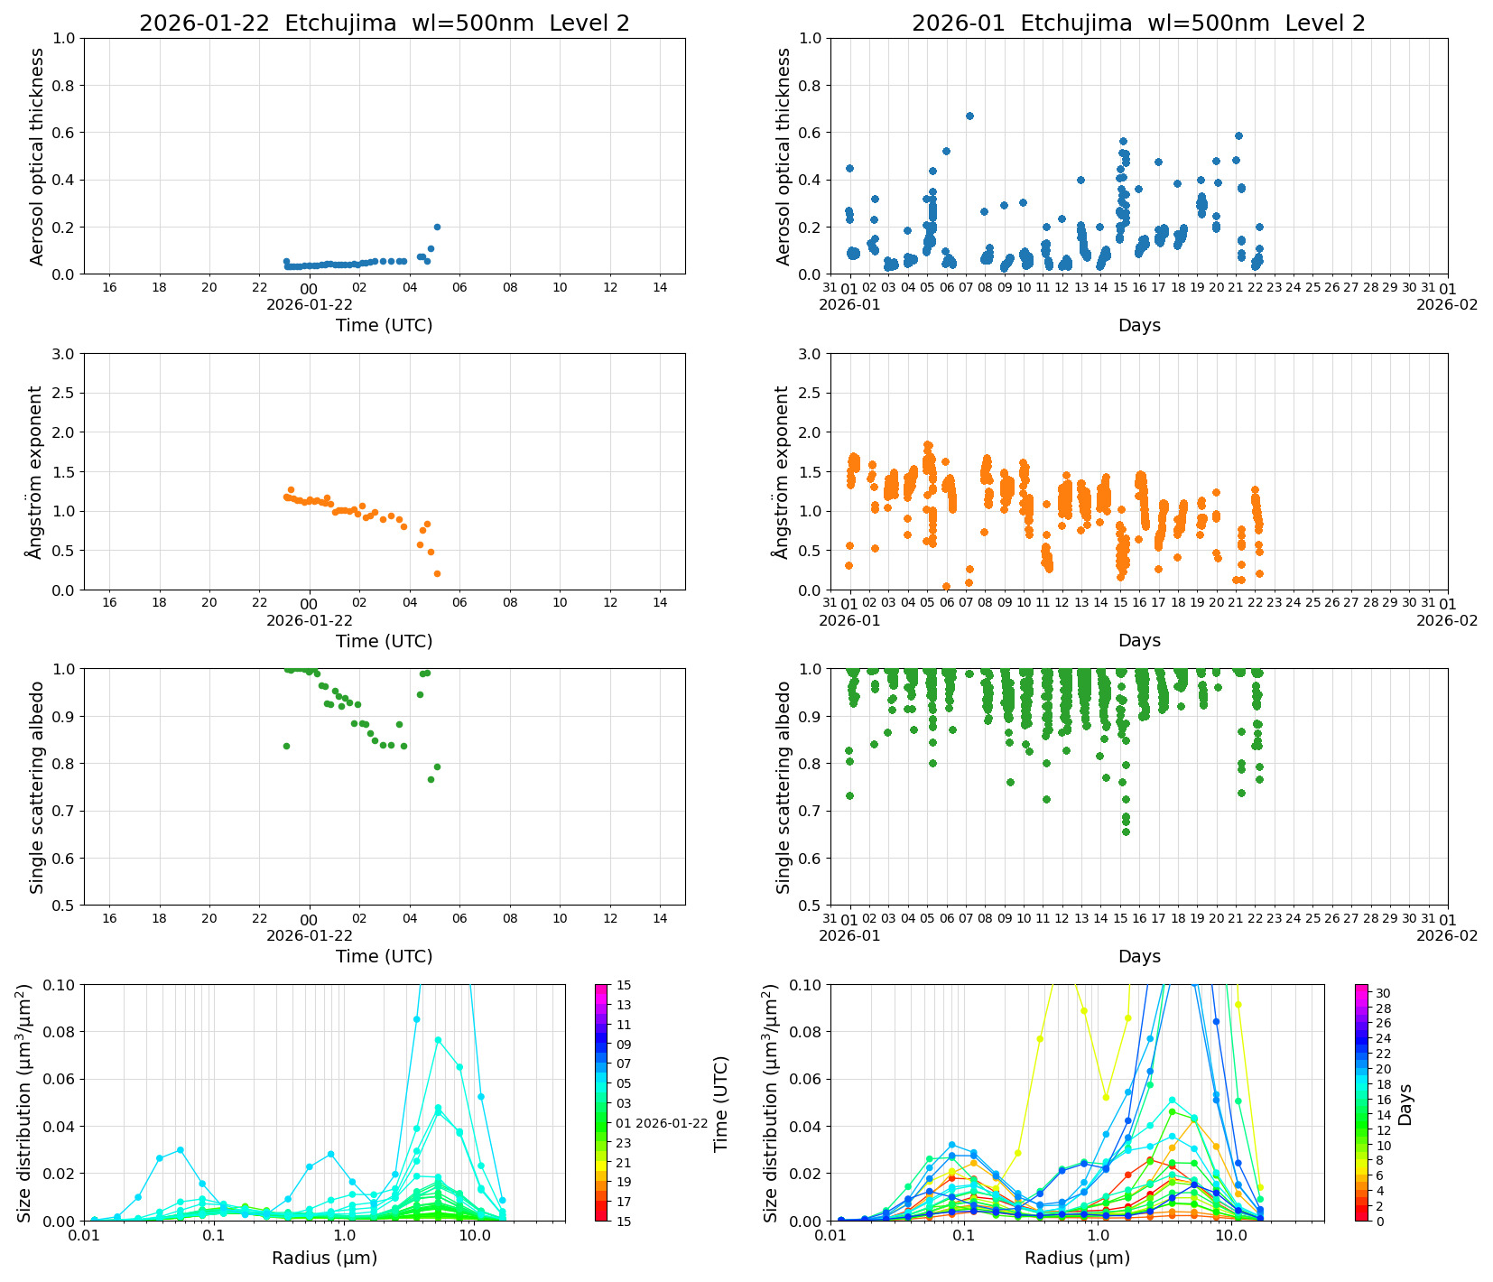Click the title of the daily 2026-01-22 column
point(384,23)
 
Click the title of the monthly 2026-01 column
point(1138,23)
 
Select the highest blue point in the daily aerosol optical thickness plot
point(437,227)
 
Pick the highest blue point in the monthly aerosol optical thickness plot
point(969,116)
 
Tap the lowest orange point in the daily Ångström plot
point(437,573)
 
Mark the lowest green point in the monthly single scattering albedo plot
point(1126,831)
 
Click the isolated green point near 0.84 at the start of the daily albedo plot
point(286,746)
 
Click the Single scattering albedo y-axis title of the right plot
point(783,786)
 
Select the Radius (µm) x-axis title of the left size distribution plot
point(324,1258)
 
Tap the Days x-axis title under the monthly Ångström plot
point(1139,640)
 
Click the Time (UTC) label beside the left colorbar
point(720,1103)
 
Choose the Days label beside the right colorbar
point(1405,1103)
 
